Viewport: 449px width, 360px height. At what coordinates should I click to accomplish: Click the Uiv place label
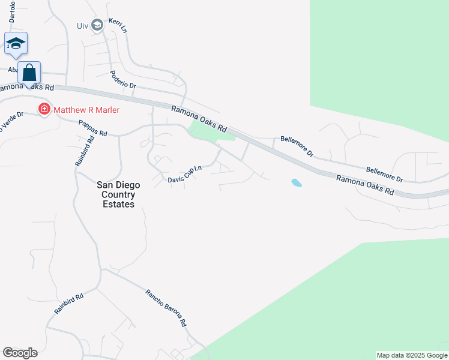coord(83,26)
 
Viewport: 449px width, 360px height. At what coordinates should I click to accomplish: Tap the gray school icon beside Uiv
coord(97,26)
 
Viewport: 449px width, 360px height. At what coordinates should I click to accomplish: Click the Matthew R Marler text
coord(86,110)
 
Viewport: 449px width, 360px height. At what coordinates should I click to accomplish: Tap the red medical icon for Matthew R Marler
coord(44,109)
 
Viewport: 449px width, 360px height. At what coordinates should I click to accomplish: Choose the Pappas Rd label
coord(92,128)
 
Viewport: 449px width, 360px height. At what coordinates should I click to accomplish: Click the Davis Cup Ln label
coord(184,175)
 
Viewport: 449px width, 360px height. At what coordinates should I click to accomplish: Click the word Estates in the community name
coord(118,204)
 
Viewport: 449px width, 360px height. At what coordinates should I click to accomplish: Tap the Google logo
coord(20,353)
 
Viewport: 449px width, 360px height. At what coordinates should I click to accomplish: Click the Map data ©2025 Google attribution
coord(412,355)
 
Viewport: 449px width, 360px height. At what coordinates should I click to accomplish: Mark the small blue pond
coord(297,182)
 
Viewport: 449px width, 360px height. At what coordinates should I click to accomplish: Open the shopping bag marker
coord(29,73)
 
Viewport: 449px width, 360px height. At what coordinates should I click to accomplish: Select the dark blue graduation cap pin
coord(16,44)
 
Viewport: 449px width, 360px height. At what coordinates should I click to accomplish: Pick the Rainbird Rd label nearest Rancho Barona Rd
coord(68,303)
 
